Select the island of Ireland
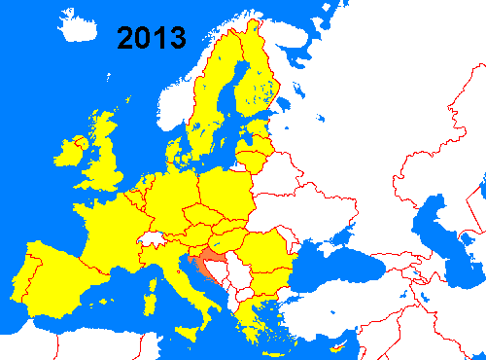click(70, 151)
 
